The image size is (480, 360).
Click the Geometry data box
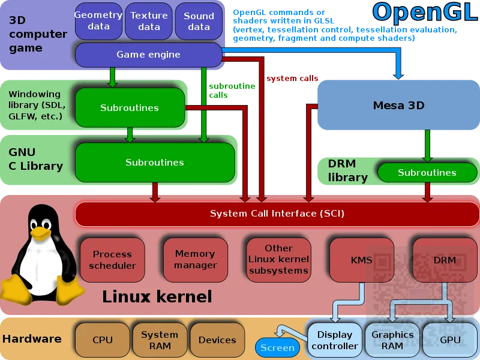tap(98, 21)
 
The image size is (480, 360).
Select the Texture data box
tap(149, 21)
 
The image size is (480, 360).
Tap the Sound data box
tap(199, 21)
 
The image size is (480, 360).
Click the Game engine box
tap(148, 55)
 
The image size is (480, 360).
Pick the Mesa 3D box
tap(398, 106)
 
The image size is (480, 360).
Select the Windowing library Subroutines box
tap(130, 108)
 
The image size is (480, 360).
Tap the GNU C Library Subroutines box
tap(154, 163)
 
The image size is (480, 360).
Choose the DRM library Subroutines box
tap(427, 173)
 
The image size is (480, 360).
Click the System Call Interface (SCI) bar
tap(277, 214)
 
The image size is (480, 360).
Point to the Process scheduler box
tap(112, 260)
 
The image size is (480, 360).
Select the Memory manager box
tap(195, 260)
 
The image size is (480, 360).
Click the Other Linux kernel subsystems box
tap(278, 259)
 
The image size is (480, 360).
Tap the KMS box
tap(361, 260)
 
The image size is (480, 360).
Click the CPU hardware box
tap(103, 340)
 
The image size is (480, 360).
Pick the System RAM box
tap(159, 340)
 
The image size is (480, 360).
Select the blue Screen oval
tap(277, 347)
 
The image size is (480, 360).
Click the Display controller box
tap(335, 340)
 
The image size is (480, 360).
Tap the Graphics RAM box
tap(392, 340)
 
